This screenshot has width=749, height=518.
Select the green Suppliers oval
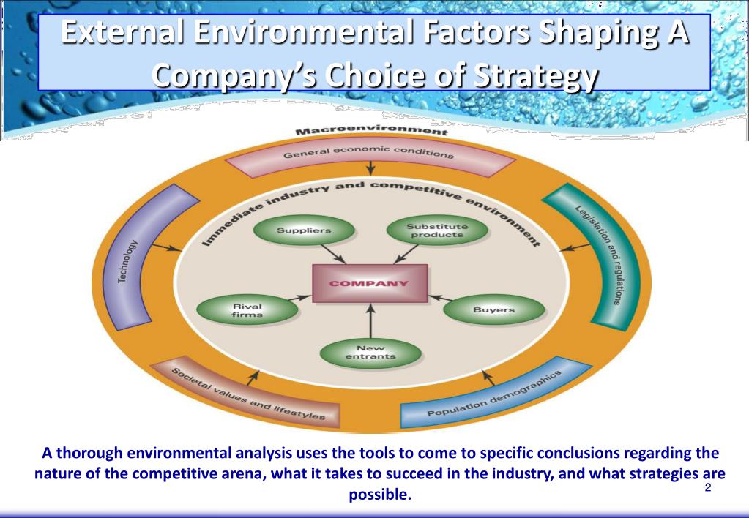303,230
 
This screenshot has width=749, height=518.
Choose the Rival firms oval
247,309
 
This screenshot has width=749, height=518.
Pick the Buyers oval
493,310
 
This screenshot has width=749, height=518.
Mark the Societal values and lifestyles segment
249,394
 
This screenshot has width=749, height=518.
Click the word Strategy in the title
548,75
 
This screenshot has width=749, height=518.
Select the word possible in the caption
381,495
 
